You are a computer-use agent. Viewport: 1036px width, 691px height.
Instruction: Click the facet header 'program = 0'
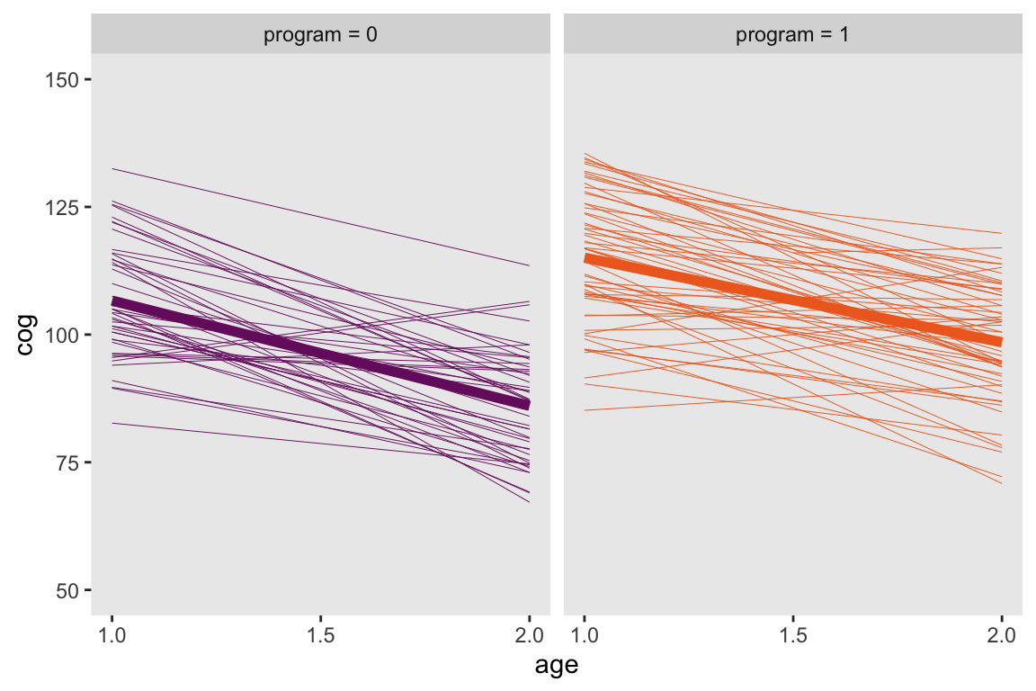tap(320, 36)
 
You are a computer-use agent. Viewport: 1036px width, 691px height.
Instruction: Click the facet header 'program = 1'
tap(792, 36)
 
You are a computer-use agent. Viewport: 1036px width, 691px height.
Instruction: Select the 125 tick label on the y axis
tap(61, 208)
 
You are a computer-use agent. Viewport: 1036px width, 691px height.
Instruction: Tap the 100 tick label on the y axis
tap(61, 335)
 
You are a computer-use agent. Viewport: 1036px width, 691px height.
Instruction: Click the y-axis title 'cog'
tap(27, 335)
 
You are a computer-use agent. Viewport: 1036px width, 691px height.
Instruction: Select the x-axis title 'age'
tap(556, 667)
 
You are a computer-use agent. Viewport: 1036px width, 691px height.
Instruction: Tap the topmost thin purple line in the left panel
tap(320, 217)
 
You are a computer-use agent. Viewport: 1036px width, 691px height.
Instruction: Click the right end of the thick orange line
tap(998, 341)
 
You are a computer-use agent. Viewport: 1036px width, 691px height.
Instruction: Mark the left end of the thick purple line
tap(114, 302)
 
